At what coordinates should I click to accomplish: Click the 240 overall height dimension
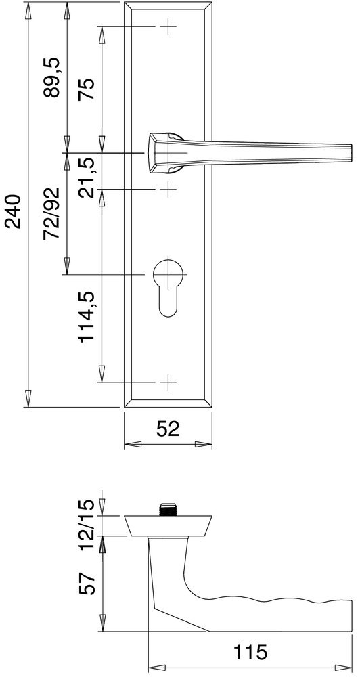tap(14, 214)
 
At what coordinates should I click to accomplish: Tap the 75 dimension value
tap(87, 89)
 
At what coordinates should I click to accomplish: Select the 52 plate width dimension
tap(168, 429)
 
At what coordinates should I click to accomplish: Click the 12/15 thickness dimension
tap(87, 524)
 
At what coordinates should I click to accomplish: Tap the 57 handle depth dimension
tap(87, 581)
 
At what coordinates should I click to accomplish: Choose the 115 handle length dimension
tap(250, 653)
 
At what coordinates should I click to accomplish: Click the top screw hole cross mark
tap(168, 27)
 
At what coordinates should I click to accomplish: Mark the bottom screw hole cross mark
tap(168, 383)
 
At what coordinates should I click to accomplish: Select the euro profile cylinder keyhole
tap(168, 284)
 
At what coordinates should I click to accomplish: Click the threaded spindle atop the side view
tap(167, 508)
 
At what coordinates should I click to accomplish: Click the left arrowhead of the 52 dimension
tap(130, 445)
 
